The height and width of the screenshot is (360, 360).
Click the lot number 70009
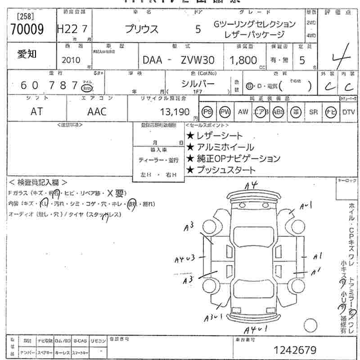27,30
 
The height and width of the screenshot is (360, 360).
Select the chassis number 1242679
295,350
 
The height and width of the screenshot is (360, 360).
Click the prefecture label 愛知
27,54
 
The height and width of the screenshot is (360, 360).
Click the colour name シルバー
198,83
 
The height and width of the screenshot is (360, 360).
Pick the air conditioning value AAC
97,112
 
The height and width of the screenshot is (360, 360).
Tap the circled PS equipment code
207,112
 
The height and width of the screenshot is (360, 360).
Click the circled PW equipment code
225,112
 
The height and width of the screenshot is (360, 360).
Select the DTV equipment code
348,112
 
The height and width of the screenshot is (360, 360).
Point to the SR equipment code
313,112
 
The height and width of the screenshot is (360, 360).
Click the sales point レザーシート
214,135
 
